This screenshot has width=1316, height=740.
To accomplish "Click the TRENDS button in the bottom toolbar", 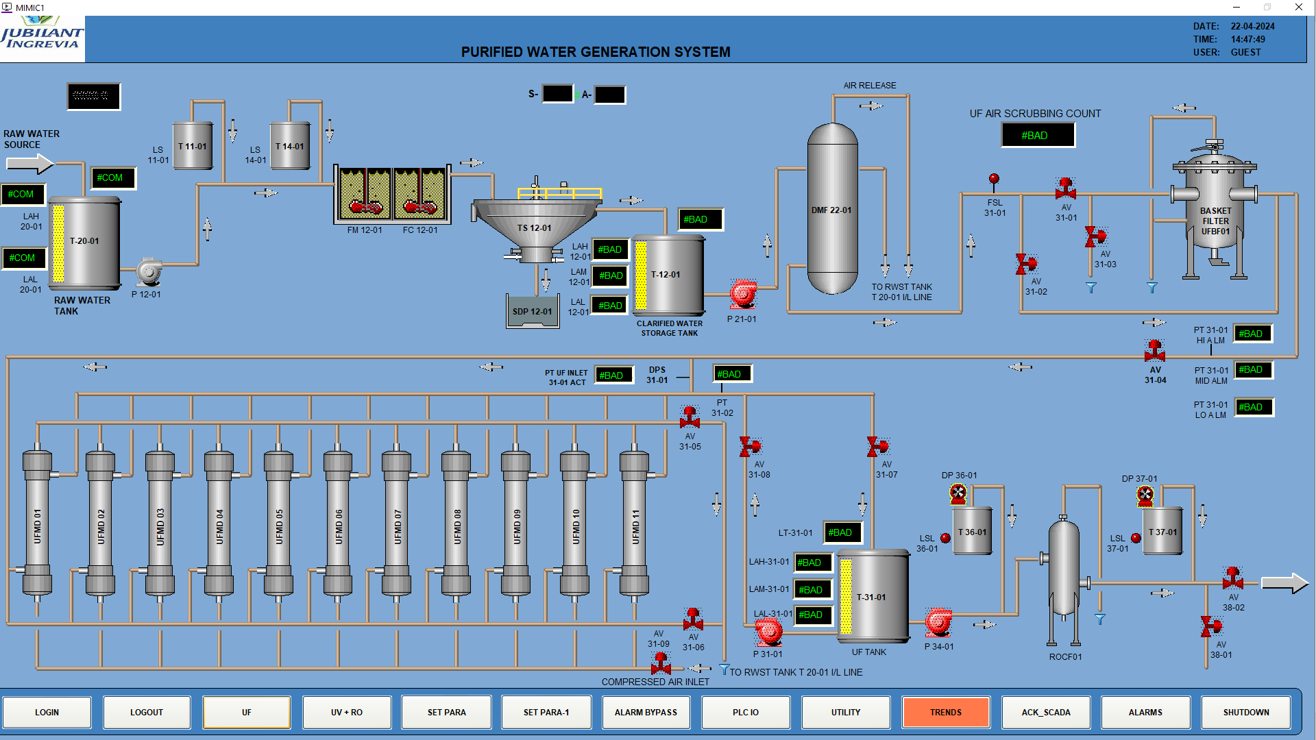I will tap(945, 712).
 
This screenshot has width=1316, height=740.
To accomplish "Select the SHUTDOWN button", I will tap(1245, 712).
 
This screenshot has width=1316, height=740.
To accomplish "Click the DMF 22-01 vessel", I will tap(832, 209).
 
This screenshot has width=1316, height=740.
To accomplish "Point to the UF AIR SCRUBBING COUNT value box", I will tap(1038, 135).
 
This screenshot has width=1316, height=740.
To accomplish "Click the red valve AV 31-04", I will tap(1155, 351).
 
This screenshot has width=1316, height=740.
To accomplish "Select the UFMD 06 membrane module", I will tap(338, 524).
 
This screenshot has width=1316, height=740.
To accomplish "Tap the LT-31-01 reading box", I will tap(842, 532).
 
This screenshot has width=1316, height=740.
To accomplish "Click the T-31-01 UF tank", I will tap(873, 596).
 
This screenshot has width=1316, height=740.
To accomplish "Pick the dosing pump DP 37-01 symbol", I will tap(1145, 495).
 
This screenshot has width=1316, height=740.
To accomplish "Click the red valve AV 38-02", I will tap(1232, 578).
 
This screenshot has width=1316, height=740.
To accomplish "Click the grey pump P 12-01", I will tap(149, 272).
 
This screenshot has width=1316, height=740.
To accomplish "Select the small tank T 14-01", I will tap(289, 146).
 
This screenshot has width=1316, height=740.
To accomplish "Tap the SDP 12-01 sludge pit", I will tap(533, 312).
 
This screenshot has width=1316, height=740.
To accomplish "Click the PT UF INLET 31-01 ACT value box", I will tap(613, 375).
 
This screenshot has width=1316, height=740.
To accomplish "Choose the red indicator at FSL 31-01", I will tap(994, 180).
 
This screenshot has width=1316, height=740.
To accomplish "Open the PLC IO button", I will tap(745, 712).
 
